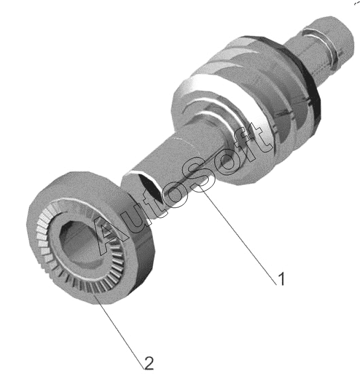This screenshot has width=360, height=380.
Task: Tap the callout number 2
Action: tap(149, 363)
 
